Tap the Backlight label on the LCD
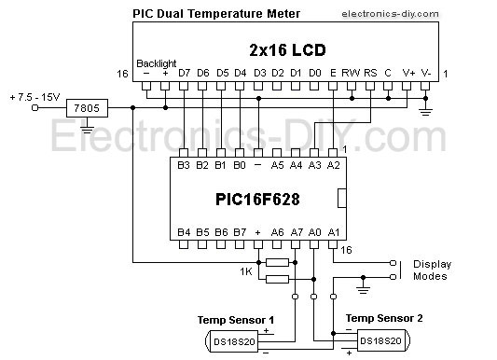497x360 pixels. tap(156, 62)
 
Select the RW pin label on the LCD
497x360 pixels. tap(352, 73)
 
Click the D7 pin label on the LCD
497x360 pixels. tap(184, 73)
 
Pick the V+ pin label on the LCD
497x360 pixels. tap(408, 73)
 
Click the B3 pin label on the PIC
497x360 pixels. tap(184, 165)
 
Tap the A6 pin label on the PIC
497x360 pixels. tap(277, 232)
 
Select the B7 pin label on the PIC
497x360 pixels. tap(240, 232)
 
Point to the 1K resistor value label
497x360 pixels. tap(246, 271)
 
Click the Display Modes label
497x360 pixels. tap(430, 270)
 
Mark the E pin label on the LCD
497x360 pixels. tap(333, 73)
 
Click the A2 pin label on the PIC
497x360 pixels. tap(333, 165)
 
